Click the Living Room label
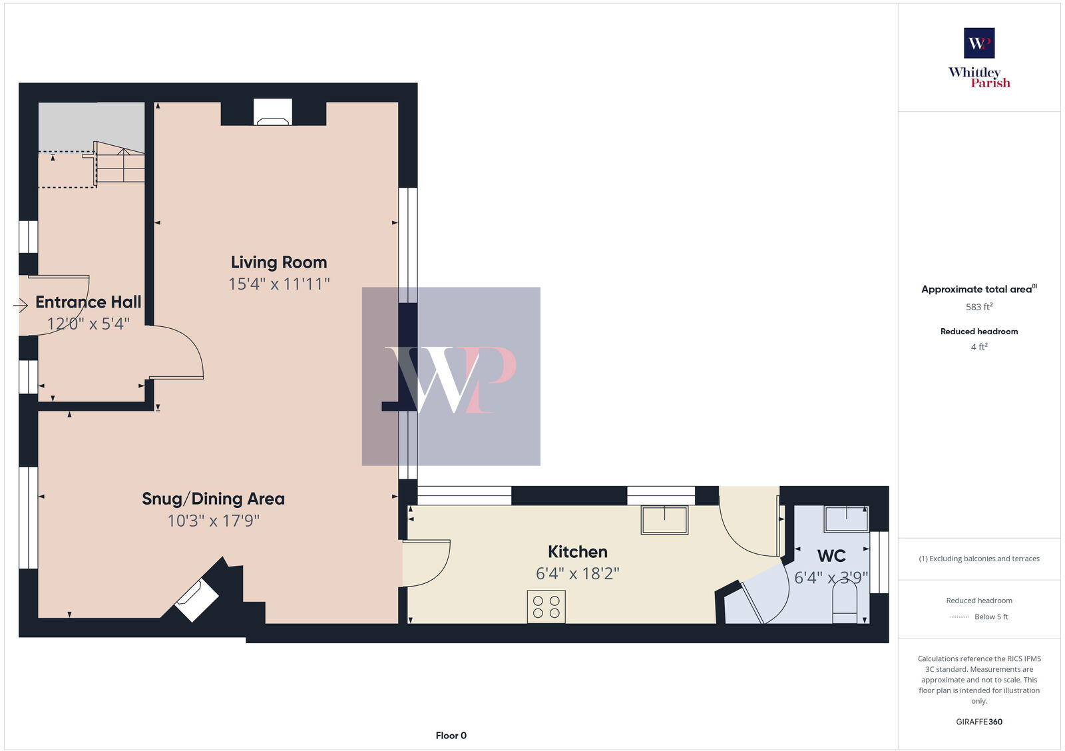pos(278,262)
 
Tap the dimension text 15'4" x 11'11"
pos(278,284)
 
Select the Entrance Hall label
pos(88,302)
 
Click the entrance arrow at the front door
pos(20,305)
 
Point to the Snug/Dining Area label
pos(213,499)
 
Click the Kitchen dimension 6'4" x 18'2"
pos(577,573)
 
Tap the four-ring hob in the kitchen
pos(546,607)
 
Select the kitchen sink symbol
pos(664,519)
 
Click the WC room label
pos(831,556)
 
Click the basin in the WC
pos(847,519)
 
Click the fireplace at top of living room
pos(273,113)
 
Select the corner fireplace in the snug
pos(197,600)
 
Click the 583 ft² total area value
pos(978,307)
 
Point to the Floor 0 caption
pos(451,736)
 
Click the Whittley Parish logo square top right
pos(978,43)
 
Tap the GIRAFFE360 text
pos(978,722)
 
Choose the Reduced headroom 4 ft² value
pos(978,347)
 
